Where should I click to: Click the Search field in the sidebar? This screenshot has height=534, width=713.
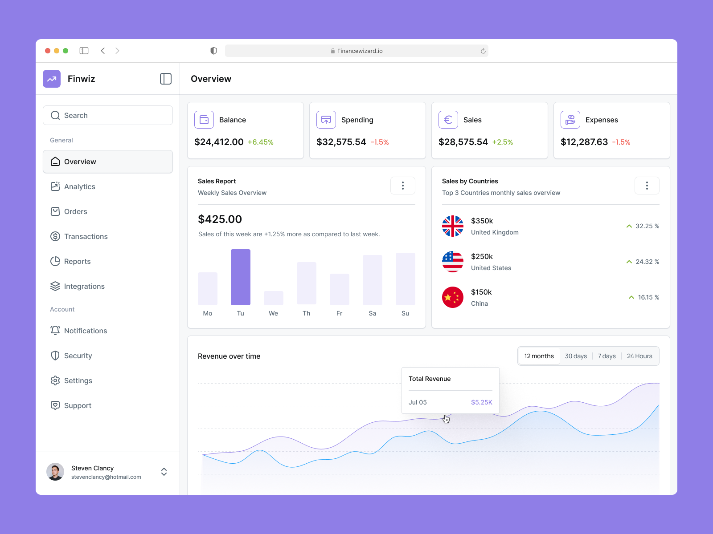pyautogui.click(x=108, y=115)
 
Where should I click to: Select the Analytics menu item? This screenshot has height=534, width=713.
pyautogui.click(x=79, y=186)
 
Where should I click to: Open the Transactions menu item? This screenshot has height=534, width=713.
pyautogui.click(x=86, y=236)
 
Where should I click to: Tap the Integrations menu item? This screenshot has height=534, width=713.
pyautogui.click(x=84, y=286)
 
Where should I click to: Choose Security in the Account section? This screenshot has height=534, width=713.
pyautogui.click(x=78, y=356)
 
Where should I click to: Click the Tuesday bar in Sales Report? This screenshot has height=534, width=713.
pyautogui.click(x=241, y=277)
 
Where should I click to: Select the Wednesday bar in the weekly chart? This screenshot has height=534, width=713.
pyautogui.click(x=274, y=298)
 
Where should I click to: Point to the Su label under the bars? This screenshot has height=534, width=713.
pyautogui.click(x=405, y=313)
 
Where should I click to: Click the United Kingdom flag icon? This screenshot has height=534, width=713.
pyautogui.click(x=453, y=226)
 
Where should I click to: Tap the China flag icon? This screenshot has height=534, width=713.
pyautogui.click(x=453, y=297)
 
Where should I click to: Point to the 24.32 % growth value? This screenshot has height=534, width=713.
pyautogui.click(x=647, y=262)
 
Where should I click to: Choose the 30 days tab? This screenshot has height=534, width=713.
pyautogui.click(x=576, y=356)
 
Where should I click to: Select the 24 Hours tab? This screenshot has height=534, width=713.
pyautogui.click(x=639, y=356)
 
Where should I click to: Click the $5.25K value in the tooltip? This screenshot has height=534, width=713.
pyautogui.click(x=481, y=402)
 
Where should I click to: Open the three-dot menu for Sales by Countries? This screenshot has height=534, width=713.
pyautogui.click(x=647, y=186)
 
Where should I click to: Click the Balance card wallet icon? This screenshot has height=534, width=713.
pyautogui.click(x=204, y=120)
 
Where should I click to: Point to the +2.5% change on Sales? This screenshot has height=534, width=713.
pyautogui.click(x=503, y=142)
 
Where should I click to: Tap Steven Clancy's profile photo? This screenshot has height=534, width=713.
pyautogui.click(x=55, y=472)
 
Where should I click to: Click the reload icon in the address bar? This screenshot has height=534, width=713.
pyautogui.click(x=483, y=51)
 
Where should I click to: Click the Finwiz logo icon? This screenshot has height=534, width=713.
pyautogui.click(x=52, y=79)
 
